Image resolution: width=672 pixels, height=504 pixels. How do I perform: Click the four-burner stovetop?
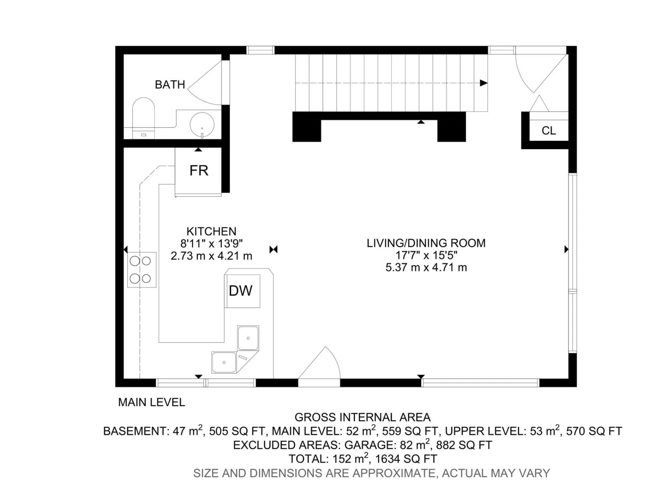(142, 269)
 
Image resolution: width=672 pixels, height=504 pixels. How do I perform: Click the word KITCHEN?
(211, 232)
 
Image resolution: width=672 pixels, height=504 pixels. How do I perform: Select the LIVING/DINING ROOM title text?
(426, 243)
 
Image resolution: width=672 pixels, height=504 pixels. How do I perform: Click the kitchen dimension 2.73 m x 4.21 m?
(211, 256)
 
